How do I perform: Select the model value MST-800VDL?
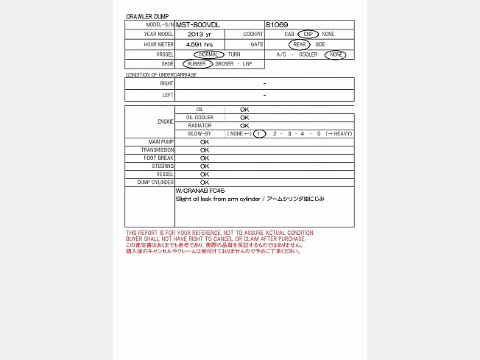coord(200,24)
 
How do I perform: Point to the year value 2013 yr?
coord(200,35)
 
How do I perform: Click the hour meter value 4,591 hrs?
coord(200,44)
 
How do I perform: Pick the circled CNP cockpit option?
coord(308,35)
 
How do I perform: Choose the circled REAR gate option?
coord(300,44)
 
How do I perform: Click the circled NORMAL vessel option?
coord(209,54)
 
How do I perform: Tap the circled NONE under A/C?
coord(336,54)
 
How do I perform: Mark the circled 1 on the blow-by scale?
coord(260,133)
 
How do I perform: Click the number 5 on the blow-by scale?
coord(319,133)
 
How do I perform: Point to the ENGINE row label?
coord(166,121)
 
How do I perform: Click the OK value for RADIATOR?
coord(244,125)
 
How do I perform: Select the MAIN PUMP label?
coord(161,141)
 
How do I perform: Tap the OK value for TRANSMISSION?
coord(205,149)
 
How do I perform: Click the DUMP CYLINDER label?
coord(155,182)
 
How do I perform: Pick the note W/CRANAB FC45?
coord(200,191)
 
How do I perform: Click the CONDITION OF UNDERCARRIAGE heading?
coord(161,74)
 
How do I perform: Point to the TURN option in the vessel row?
coord(233,54)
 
